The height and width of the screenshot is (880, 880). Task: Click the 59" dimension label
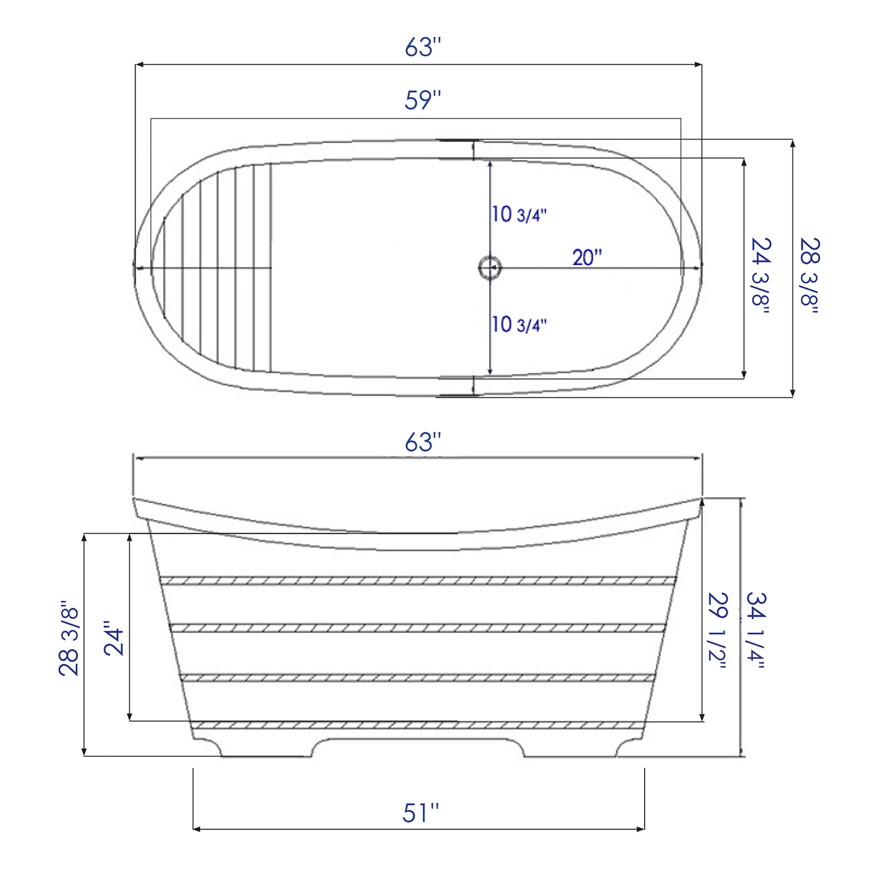tap(422, 100)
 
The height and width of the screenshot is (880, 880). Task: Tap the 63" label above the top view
tap(422, 48)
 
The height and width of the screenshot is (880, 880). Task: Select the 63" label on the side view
tap(422, 442)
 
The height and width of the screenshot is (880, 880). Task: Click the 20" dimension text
tap(587, 258)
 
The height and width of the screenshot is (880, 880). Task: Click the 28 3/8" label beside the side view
tap(69, 638)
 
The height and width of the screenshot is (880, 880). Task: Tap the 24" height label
tap(114, 638)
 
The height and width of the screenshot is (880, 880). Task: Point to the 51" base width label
tap(421, 813)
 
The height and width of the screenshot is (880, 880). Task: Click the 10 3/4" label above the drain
tap(519, 214)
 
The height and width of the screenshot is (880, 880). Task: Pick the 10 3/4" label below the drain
tap(519, 324)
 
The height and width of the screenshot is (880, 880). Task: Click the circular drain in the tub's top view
tap(489, 268)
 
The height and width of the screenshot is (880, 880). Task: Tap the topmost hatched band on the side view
tap(418, 581)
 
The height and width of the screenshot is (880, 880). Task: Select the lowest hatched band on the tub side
tap(418, 725)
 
